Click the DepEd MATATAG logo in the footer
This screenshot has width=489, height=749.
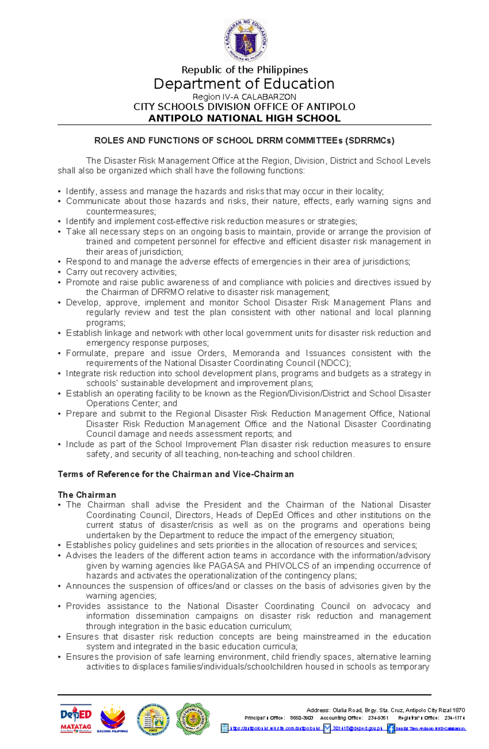coord(76,718)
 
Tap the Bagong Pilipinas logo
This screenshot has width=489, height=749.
coord(112,718)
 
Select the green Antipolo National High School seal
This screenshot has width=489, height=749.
coord(193,719)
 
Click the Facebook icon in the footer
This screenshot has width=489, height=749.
coord(391,729)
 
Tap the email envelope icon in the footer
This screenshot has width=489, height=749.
coord(327,729)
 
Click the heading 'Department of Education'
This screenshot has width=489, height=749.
coord(244,84)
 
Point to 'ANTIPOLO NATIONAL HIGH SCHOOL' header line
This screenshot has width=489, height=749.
coord(244,118)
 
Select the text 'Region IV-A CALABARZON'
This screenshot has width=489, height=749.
coord(244,97)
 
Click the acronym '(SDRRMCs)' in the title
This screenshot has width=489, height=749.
coord(370,140)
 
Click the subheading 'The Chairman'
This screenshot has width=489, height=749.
coord(87,495)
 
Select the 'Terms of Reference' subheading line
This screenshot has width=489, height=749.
coord(176,474)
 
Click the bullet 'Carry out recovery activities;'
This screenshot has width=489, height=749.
coord(121,272)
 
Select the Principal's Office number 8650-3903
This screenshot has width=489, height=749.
coord(302,718)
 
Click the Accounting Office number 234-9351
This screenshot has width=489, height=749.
coord(378,718)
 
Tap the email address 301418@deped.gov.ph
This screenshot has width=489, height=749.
coord(357,729)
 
